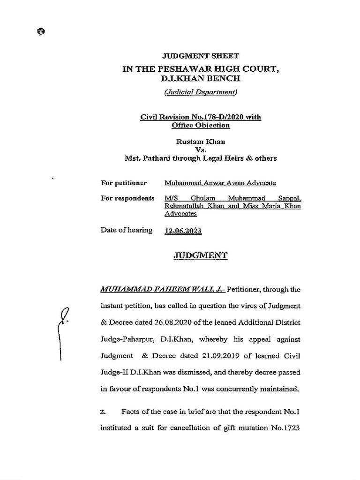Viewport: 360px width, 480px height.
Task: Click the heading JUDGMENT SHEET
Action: tap(201, 56)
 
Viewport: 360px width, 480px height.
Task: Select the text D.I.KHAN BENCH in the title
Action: tap(201, 79)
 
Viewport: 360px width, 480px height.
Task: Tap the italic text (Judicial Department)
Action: tap(201, 92)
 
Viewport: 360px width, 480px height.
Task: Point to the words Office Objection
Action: tap(201, 125)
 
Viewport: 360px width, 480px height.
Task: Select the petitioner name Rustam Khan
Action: tap(201, 141)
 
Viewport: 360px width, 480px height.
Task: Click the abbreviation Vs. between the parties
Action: tap(201, 150)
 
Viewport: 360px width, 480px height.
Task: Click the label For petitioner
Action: tap(124, 183)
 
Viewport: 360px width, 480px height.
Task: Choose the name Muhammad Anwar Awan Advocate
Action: tap(220, 183)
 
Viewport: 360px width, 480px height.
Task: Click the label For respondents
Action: tap(127, 198)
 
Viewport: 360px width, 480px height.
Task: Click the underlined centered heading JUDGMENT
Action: tap(201, 255)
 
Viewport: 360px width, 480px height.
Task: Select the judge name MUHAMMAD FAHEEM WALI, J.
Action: tap(162, 289)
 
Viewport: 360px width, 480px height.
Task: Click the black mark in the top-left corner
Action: tap(41, 31)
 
